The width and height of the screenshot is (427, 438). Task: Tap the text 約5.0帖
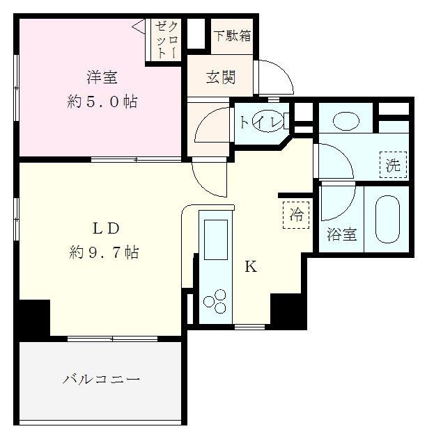[102, 102]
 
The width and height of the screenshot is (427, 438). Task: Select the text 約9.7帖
[104, 252]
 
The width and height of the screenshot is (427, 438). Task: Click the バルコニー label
[101, 380]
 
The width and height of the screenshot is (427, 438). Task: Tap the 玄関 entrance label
[220, 77]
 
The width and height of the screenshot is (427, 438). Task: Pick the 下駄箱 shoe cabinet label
[232, 35]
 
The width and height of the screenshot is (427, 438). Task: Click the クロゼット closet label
[166, 39]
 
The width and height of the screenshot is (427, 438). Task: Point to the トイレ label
[261, 122]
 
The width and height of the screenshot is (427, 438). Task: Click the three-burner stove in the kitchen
[215, 300]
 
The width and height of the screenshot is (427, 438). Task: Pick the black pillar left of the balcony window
[34, 319]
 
